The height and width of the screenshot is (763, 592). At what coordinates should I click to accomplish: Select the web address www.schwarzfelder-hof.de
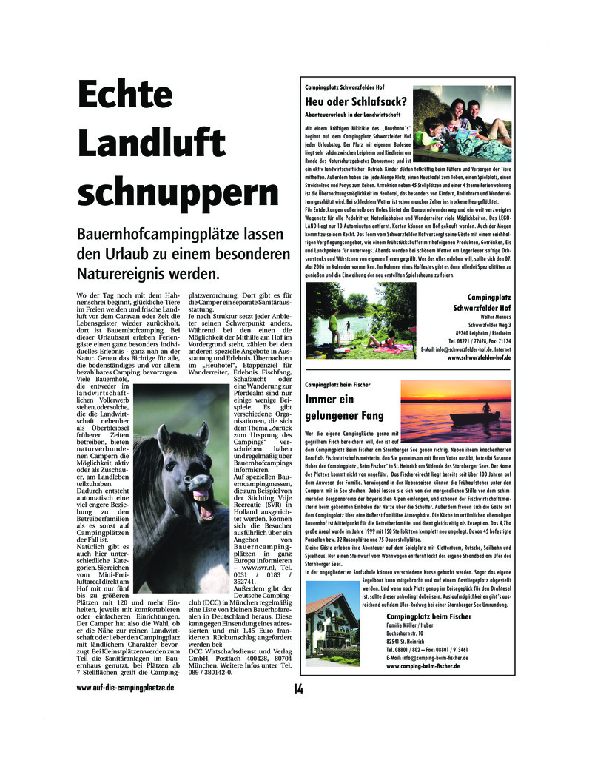pos(479,357)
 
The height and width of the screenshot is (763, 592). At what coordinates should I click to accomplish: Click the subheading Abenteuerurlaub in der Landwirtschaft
pos(352,115)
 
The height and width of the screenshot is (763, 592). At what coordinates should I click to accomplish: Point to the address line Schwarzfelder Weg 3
pos(489,323)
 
